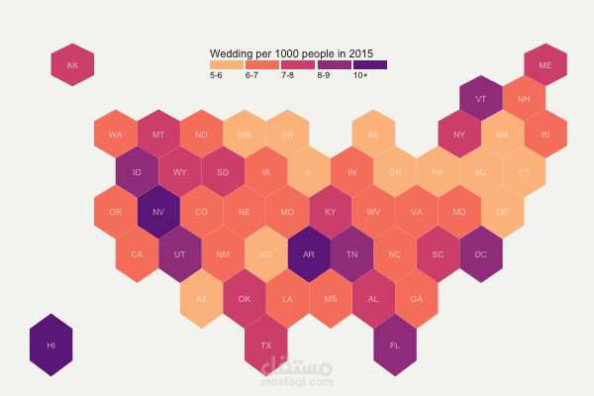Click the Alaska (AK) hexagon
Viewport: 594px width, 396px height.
point(72,65)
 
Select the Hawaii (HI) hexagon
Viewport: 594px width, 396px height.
point(50,345)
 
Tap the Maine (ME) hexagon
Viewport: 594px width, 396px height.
point(545,65)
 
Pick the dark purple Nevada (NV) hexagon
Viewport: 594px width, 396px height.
point(158,211)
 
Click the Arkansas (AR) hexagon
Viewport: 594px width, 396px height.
point(309,252)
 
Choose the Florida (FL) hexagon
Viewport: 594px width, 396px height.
point(395,345)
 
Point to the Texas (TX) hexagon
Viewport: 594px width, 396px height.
point(266,345)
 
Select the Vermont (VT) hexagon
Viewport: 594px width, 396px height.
point(481,99)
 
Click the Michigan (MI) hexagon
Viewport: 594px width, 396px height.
point(373,135)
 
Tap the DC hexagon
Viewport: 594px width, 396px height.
point(481,252)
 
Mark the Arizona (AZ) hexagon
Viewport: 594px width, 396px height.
point(202,298)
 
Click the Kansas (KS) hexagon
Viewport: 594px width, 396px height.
point(266,252)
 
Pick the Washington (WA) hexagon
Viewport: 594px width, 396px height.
point(116,135)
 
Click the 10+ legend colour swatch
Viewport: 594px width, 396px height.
point(370,64)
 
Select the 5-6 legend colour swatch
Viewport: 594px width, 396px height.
point(227,64)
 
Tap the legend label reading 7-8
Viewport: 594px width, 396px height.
point(288,75)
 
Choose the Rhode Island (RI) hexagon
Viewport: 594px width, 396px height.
point(545,135)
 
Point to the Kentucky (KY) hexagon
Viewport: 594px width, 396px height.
point(331,211)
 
